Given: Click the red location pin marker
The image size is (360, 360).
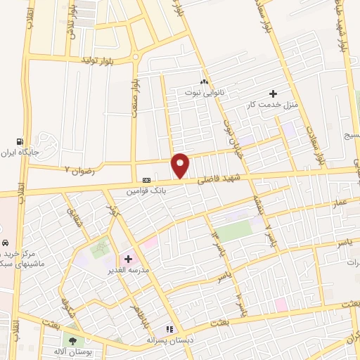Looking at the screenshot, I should [x=181, y=165].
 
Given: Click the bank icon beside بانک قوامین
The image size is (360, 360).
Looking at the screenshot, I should [x=146, y=179].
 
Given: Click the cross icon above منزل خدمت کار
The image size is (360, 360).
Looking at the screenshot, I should [x=274, y=94].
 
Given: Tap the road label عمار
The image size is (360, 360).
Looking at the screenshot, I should [x=340, y=203].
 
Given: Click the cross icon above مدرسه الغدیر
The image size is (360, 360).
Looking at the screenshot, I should [x=128, y=259].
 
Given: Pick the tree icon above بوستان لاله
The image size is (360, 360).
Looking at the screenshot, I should [x=72, y=340].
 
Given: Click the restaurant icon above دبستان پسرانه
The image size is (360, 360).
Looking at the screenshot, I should [x=169, y=328].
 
